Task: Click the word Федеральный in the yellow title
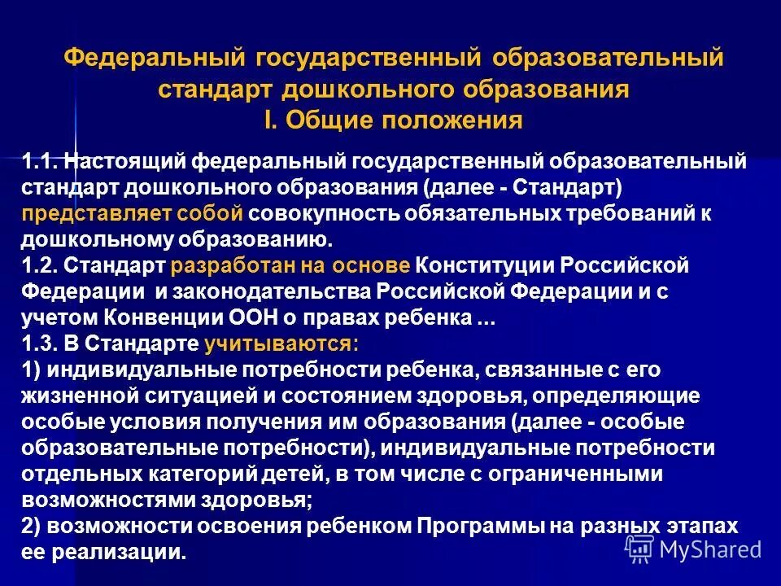[x=155, y=59]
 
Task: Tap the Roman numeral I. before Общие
[x=271, y=120]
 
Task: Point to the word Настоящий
[x=134, y=160]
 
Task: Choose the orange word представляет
[x=90, y=214]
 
